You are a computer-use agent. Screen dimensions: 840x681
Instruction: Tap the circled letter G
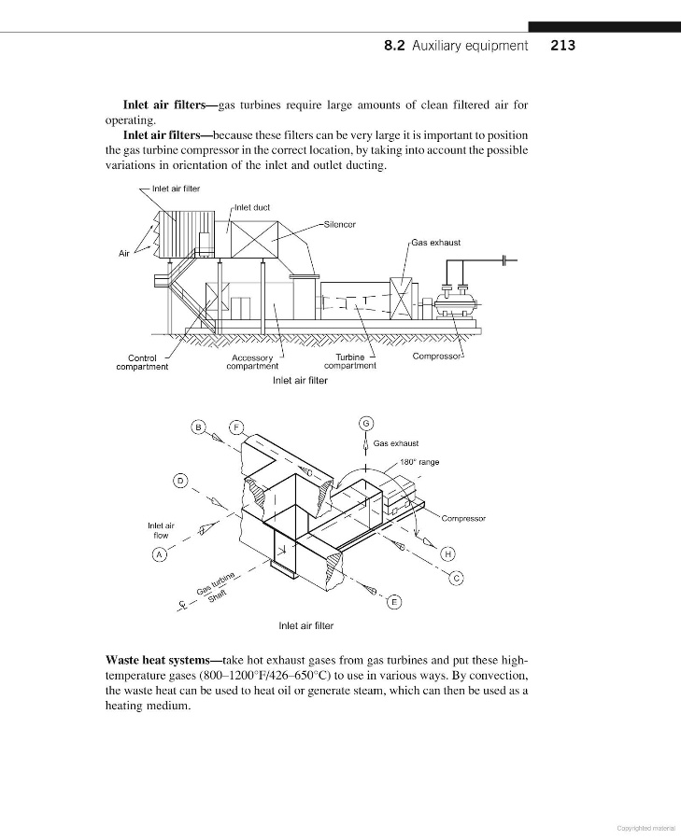click(366, 422)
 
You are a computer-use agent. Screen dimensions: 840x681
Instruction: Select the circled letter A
click(160, 554)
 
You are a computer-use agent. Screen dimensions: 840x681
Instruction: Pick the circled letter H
click(448, 554)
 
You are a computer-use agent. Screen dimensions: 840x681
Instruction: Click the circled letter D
click(179, 481)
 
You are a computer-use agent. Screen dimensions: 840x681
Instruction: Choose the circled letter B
click(198, 427)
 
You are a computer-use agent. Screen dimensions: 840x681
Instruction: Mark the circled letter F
click(237, 427)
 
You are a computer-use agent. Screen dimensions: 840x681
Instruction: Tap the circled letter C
click(457, 579)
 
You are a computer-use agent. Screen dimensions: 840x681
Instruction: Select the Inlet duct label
click(252, 207)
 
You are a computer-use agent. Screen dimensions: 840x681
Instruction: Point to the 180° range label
click(419, 462)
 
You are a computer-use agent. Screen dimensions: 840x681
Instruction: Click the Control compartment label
click(142, 362)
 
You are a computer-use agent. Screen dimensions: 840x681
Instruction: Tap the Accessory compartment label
click(252, 362)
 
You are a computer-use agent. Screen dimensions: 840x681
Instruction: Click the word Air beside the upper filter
click(124, 254)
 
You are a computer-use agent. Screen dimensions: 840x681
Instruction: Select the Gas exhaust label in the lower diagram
click(395, 443)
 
